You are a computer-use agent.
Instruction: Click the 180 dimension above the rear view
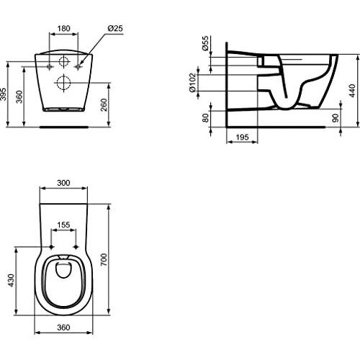(x=63, y=28)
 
